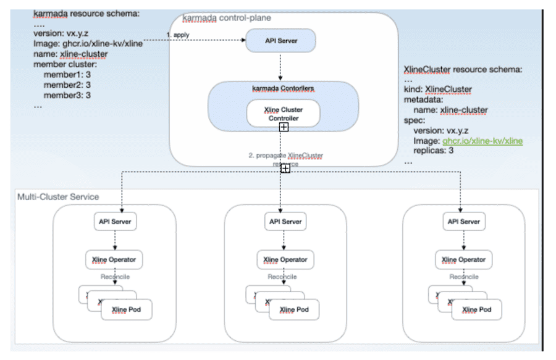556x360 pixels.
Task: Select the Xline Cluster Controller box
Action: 283,113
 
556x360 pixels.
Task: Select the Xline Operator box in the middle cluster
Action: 284,259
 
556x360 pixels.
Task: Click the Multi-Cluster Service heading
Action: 58,196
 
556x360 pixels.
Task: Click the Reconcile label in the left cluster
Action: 116,277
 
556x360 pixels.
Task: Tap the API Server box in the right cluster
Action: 462,220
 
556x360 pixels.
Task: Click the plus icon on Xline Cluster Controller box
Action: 284,127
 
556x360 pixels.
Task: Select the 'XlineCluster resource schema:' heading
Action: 463,69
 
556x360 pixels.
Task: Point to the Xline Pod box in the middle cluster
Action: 295,309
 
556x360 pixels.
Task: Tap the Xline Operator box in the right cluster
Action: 462,259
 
